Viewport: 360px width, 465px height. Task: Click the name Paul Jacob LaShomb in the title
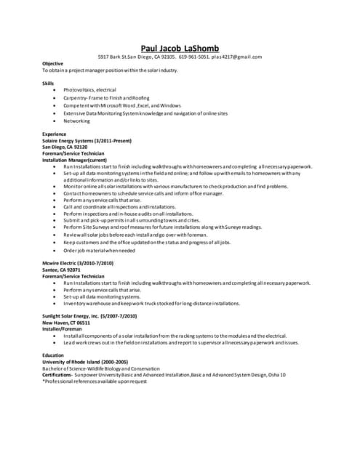pos(180,48)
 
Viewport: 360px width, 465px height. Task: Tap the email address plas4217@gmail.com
pos(236,57)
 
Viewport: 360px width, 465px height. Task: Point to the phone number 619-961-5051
pos(194,57)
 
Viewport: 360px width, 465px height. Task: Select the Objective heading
pos(52,63)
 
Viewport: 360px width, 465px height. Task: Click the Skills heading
pos(47,84)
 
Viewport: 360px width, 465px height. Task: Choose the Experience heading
pos(55,134)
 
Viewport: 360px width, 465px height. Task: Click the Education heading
pos(53,355)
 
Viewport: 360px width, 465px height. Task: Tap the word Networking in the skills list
pos(76,121)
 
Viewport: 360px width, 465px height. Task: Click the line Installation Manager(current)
pos(75,159)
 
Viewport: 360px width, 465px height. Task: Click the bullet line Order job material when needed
pos(99,250)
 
